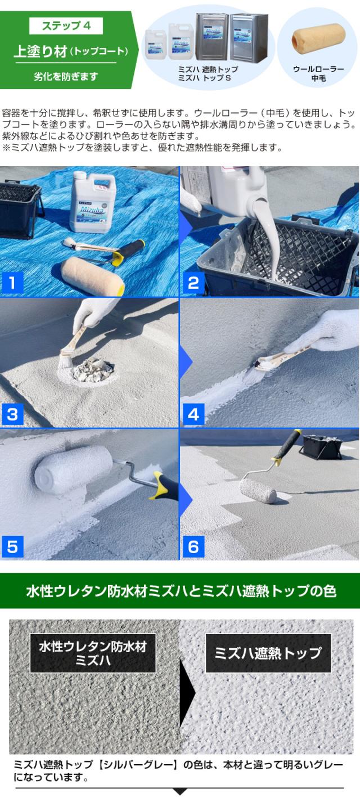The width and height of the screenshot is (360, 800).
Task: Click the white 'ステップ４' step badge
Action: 65,26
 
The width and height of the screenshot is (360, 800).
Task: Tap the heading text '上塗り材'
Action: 40,51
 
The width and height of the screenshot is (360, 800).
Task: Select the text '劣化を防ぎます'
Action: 65,76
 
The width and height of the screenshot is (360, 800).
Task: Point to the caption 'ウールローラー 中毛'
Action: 318,74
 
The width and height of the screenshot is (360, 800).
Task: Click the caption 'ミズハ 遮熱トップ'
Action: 208,69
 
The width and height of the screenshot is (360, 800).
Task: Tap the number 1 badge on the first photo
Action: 12,283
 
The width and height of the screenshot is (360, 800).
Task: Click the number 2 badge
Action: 193,283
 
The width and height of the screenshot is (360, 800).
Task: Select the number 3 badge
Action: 12,415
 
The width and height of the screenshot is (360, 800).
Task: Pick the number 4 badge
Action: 193,415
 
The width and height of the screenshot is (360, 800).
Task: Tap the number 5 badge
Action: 12,546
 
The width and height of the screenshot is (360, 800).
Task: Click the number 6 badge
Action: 193,546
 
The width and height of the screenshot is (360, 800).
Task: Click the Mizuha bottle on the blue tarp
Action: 92,203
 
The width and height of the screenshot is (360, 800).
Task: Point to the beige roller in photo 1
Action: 92,275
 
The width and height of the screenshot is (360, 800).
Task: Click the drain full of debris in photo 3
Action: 93,370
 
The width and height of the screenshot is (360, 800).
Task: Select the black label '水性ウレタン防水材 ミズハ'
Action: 92,653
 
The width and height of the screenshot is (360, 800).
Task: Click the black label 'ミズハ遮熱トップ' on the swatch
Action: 268,653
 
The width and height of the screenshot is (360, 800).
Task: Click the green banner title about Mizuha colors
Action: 180,591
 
